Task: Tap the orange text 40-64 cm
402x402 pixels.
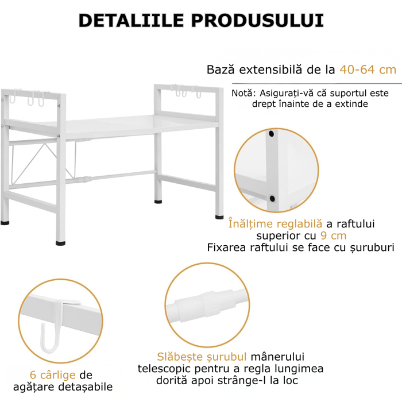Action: [x=368, y=70]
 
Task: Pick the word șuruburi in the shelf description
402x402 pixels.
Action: [x=372, y=248]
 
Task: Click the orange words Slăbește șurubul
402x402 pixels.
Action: [x=194, y=357]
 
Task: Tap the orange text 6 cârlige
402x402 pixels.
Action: [x=53, y=375]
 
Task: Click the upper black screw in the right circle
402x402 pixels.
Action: [x=271, y=134]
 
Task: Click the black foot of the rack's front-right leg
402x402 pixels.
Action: [x=220, y=217]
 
